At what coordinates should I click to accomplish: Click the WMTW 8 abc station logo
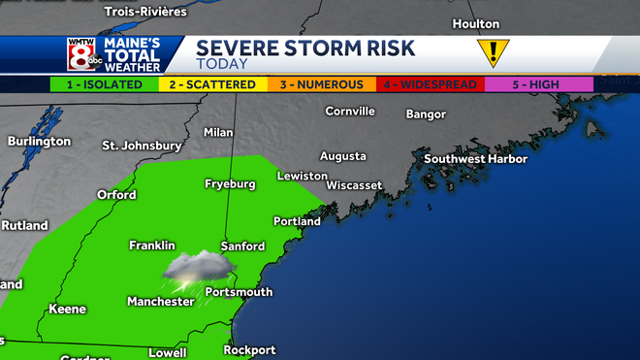[80, 55]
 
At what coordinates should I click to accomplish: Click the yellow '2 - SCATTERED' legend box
[212, 84]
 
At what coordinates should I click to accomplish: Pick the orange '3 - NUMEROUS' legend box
[322, 84]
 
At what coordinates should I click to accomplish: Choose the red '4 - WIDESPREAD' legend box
[431, 84]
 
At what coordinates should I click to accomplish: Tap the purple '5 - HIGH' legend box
[538, 84]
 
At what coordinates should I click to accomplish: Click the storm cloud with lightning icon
[198, 269]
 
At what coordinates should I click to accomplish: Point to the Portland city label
[297, 221]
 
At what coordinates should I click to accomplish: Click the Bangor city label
[426, 115]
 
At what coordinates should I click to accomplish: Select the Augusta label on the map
[342, 155]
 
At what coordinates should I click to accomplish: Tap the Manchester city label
[161, 302]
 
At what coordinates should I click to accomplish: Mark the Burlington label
[39, 141]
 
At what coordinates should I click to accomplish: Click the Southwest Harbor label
[475, 158]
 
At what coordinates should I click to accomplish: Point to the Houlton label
[475, 23]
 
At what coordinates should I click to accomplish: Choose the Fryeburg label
[230, 183]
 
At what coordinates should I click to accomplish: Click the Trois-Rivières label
[145, 11]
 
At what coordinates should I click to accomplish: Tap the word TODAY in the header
[221, 63]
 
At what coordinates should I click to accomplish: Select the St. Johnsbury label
[143, 146]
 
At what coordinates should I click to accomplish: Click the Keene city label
[68, 310]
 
